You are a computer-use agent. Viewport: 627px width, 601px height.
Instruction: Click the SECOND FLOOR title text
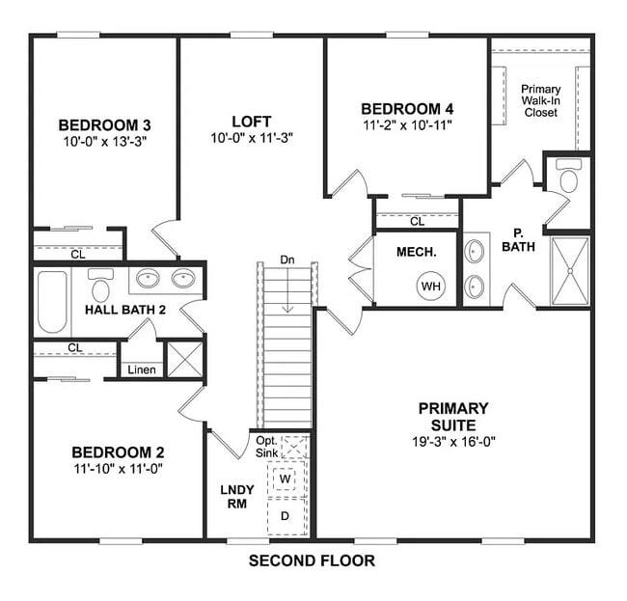click(312, 560)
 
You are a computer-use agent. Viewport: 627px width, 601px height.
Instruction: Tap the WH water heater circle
click(429, 287)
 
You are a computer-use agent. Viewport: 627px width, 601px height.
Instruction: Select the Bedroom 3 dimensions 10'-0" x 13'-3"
click(104, 142)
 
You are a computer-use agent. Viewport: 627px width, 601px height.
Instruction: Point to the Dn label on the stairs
click(286, 260)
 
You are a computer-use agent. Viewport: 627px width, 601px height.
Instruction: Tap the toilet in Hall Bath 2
click(100, 286)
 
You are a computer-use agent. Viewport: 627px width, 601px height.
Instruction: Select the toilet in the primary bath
click(568, 179)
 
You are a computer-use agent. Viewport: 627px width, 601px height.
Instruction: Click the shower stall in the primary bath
click(569, 270)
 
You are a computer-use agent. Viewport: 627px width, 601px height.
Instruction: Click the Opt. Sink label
click(267, 446)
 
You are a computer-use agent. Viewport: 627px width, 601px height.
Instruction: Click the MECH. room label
click(418, 252)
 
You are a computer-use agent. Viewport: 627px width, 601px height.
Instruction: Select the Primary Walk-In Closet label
click(541, 100)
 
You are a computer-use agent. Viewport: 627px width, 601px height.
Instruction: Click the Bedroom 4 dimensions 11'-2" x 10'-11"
click(407, 125)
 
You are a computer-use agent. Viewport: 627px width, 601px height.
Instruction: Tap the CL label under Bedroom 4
click(417, 222)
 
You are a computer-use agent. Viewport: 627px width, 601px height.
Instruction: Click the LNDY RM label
click(237, 496)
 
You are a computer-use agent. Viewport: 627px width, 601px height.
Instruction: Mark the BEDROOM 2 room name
click(118, 452)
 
